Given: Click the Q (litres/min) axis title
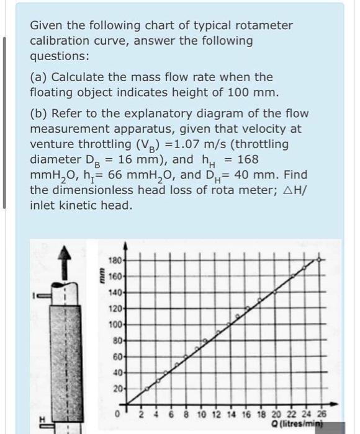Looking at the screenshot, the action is pos(304,423).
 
